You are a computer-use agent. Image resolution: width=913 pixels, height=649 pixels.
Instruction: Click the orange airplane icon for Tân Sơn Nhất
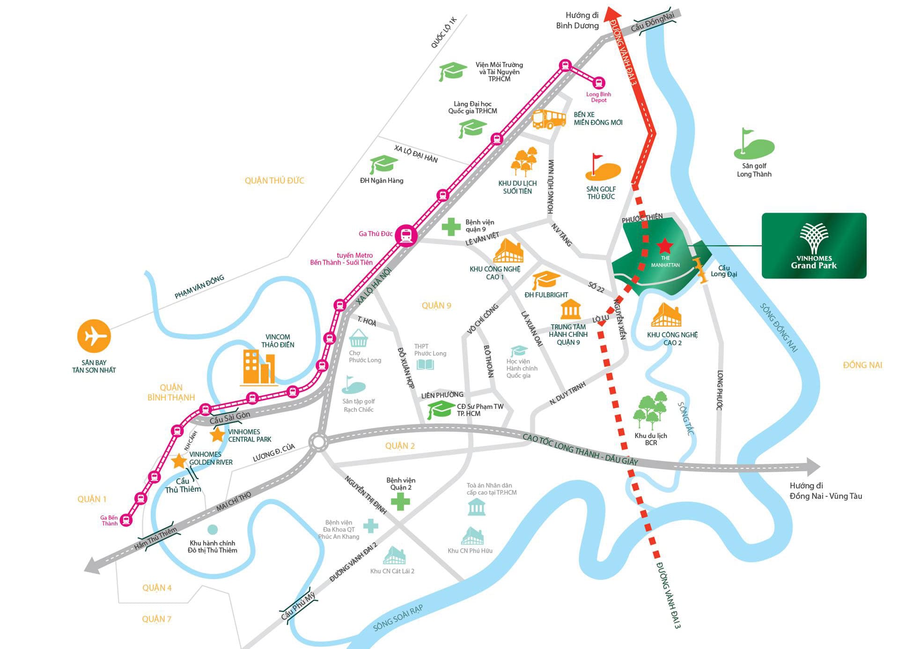(94, 336)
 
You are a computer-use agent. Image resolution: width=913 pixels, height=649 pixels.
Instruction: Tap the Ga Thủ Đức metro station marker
(405, 235)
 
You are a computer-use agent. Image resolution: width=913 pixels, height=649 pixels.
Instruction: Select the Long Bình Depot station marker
(598, 83)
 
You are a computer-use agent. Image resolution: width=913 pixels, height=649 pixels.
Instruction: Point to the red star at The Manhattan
(664, 245)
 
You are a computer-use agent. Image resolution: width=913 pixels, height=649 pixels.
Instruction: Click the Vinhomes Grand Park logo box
(814, 246)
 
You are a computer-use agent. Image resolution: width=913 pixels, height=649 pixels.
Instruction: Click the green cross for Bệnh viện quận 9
(451, 226)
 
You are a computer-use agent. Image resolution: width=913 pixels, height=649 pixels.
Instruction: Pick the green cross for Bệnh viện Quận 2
(400, 502)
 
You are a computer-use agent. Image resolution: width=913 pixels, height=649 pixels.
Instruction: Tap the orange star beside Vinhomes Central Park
(217, 435)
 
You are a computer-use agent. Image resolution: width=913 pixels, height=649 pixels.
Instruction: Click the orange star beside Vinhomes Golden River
(179, 461)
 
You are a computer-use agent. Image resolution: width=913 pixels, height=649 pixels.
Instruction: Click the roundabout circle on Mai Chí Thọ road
(318, 442)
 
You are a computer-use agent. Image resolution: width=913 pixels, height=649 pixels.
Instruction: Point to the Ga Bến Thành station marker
(126, 520)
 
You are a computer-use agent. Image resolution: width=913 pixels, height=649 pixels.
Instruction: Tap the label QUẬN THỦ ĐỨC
(274, 181)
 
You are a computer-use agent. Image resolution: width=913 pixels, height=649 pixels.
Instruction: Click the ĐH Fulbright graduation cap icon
(546, 280)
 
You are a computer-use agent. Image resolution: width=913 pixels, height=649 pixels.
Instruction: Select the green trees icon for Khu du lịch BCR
(650, 411)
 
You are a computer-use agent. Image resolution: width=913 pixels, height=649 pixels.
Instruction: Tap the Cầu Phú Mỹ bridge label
(298, 606)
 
